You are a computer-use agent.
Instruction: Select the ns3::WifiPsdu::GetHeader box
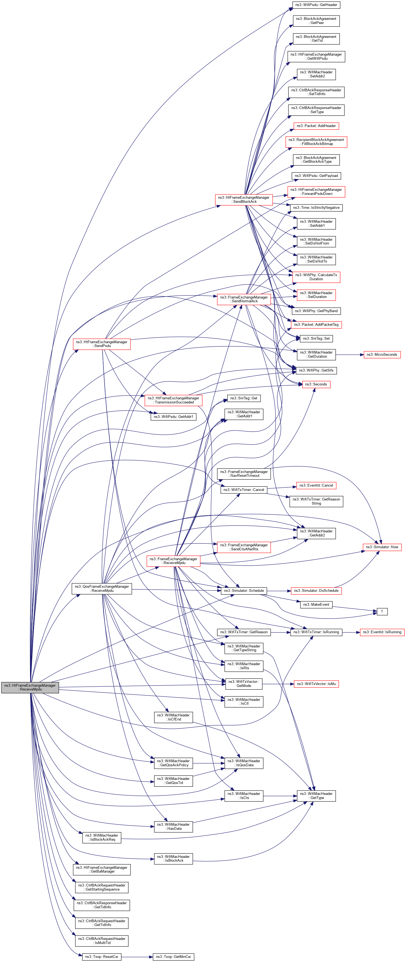(316, 5)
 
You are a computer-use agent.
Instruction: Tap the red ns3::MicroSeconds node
(382, 354)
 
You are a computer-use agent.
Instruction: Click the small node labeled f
(382, 611)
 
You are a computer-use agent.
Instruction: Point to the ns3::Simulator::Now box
(382, 547)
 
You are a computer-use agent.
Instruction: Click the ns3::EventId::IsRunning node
(382, 632)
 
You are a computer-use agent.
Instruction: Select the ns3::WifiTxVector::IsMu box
(316, 684)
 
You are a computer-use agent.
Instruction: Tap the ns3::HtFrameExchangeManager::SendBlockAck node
(244, 200)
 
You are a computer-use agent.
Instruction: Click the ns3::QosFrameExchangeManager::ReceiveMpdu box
(102, 588)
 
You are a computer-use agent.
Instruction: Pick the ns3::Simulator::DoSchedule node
(316, 590)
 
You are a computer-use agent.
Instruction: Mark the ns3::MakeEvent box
(316, 604)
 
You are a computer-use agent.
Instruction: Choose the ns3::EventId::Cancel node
(316, 485)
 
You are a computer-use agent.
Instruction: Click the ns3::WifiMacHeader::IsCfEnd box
(173, 717)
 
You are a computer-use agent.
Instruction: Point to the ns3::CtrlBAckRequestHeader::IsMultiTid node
(102, 940)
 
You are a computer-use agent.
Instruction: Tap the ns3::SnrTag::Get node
(244, 398)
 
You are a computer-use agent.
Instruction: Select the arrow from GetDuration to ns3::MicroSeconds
(350, 354)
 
